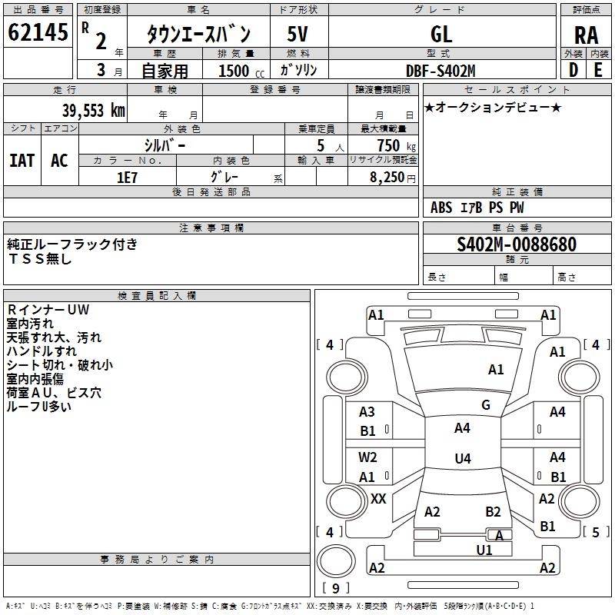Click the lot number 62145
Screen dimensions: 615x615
[38, 33]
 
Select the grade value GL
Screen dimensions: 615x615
[441, 34]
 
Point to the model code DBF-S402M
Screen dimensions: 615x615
[440, 71]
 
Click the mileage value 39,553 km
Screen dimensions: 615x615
[93, 110]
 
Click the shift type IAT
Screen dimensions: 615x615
[22, 160]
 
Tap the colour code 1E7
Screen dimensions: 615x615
[127, 177]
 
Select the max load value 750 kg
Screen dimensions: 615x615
[388, 145]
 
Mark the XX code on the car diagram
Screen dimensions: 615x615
[378, 499]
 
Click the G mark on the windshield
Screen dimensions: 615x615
[485, 405]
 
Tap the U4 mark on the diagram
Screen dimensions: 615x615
[462, 459]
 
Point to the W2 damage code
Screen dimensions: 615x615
[367, 457]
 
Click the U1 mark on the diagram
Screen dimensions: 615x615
[484, 550]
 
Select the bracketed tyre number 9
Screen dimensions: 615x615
[336, 589]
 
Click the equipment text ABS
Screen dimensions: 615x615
[441, 208]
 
